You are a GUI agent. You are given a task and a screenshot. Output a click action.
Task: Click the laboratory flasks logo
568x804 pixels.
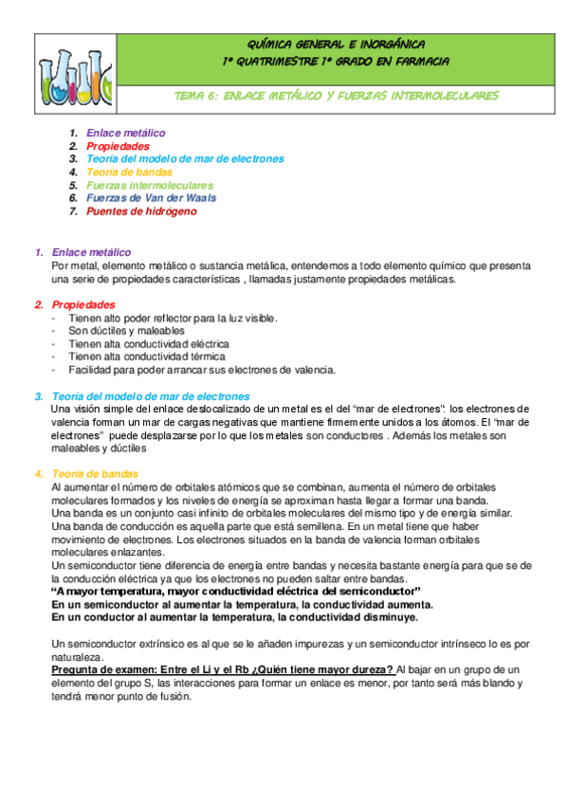(69, 74)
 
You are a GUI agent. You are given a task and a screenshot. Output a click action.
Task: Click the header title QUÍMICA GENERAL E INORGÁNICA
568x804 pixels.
(336, 45)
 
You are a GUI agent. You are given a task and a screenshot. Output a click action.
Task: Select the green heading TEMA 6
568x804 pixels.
(337, 96)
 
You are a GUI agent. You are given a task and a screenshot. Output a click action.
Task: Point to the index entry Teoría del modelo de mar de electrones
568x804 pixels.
(185, 159)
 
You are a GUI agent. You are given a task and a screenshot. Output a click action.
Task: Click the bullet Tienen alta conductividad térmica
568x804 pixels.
(147, 356)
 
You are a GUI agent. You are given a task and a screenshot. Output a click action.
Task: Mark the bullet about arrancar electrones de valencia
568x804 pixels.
(181, 370)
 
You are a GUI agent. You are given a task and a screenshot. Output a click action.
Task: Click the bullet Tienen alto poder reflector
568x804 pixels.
(173, 318)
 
